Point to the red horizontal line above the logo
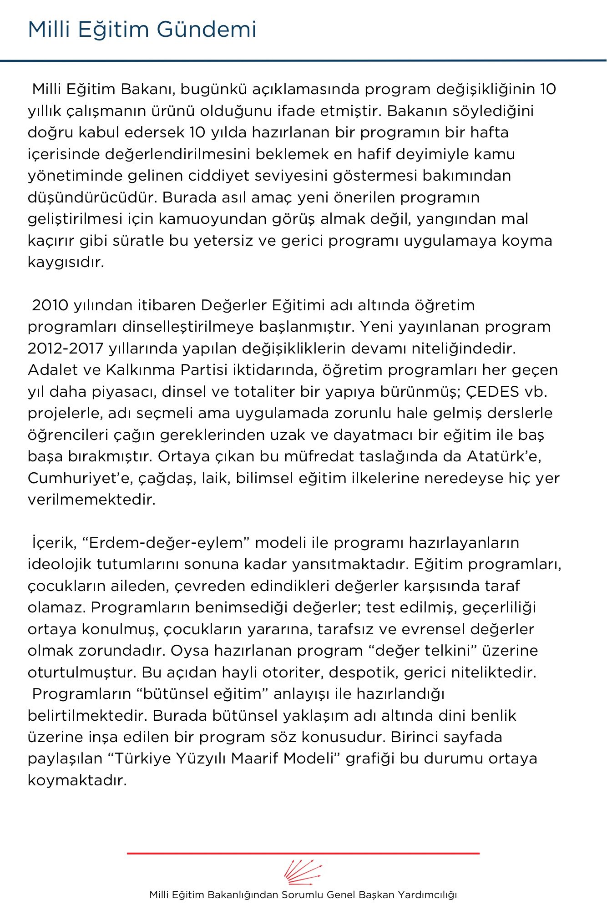pos(303,853)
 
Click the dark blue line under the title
pos(303,60)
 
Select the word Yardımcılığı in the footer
pos(427,895)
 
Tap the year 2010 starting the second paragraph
pos(50,305)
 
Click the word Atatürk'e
pos(504,456)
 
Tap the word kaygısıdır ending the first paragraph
pos(66,263)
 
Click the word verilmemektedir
pos(91,500)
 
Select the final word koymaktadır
pos(77,781)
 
